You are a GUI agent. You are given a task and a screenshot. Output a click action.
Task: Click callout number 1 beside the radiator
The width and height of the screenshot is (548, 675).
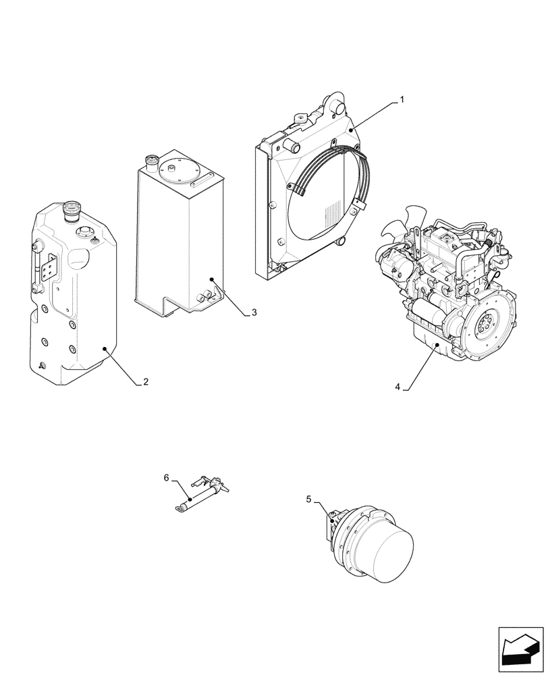coord(402,100)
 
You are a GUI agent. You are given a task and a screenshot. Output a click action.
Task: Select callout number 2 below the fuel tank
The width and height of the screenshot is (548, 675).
coord(146,382)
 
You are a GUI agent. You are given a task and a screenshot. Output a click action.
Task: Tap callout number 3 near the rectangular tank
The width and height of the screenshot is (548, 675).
coord(254,313)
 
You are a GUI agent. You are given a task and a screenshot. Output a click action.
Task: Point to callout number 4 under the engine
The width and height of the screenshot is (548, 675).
coord(398,387)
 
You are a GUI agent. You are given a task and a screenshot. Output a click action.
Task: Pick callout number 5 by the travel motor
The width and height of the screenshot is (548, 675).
coord(309,500)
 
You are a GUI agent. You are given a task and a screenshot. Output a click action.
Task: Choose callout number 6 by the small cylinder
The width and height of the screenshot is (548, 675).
coord(166,478)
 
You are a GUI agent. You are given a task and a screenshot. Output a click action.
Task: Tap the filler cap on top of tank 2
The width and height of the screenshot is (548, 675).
coord(70,211)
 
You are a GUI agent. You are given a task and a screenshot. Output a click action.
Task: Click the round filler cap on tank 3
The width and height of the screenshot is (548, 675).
coord(152,162)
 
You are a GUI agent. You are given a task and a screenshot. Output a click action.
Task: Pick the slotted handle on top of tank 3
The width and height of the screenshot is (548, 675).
coord(203,181)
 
